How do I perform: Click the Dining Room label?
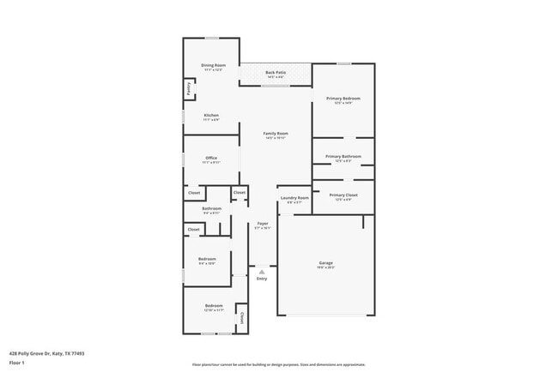[213, 66]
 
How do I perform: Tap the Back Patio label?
[276, 73]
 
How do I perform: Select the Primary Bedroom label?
[343, 99]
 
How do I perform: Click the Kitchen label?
[211, 116]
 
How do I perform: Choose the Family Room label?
[276, 134]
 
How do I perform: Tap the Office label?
[211, 158]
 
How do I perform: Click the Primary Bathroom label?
[343, 157]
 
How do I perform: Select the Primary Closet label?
[343, 195]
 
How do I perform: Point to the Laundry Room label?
[294, 198]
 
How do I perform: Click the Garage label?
[326, 263]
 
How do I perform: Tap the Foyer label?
[263, 224]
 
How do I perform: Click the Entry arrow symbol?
[262, 272]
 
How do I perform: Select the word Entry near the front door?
[262, 279]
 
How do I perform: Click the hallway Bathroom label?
[212, 208]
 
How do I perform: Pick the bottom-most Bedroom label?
[213, 306]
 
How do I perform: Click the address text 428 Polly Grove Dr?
[46, 352]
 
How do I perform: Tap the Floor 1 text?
[17, 363]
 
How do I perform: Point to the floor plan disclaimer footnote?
[279, 364]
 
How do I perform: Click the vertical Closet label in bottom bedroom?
[241, 317]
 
